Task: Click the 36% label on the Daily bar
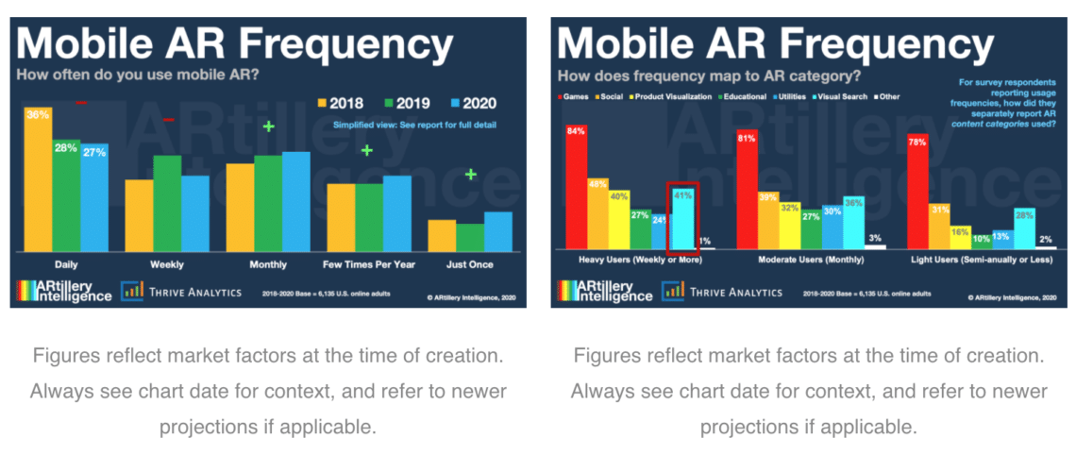click(x=38, y=115)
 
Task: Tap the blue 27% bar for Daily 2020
click(x=94, y=198)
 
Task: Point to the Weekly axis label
click(x=166, y=264)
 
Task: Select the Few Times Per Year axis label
click(x=369, y=264)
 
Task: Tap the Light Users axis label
click(x=982, y=258)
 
